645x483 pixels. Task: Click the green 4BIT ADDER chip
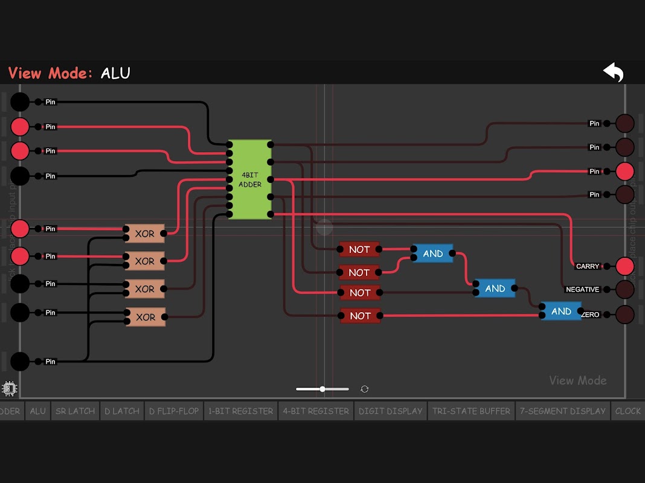coord(249,179)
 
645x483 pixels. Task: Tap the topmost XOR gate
coord(145,234)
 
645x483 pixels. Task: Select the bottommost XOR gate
coord(145,317)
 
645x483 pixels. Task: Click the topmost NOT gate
coord(359,249)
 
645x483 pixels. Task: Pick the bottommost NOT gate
coord(360,315)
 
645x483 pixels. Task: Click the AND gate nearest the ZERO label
coord(560,312)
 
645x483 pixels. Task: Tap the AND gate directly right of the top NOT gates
coord(432,254)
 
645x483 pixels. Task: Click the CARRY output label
coord(588,266)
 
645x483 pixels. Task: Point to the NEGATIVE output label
coord(582,290)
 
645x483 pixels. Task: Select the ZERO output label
coord(591,315)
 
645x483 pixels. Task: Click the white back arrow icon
coord(613,72)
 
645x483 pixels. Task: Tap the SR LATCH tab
coord(75,411)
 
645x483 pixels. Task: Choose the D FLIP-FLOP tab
coord(173,411)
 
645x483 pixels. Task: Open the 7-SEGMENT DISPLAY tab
coord(563,411)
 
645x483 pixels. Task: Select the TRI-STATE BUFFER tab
coord(471,411)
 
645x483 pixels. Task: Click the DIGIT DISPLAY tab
coord(390,411)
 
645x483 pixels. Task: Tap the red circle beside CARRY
coord(624,266)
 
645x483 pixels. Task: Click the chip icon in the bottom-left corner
coord(10,388)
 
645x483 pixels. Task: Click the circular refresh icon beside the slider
coord(364,389)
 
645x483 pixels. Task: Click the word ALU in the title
coord(115,73)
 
